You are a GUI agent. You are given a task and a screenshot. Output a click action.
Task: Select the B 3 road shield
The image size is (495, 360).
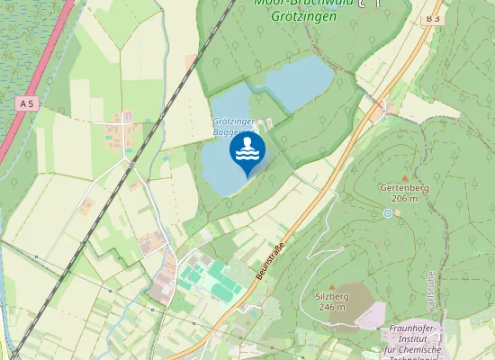[434, 18]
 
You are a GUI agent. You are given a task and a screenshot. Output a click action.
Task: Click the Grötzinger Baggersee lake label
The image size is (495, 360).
[235, 126]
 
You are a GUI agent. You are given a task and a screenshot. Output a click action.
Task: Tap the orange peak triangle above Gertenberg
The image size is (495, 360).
[405, 177]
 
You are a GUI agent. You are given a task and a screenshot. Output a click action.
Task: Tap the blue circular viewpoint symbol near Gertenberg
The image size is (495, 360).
[388, 213]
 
